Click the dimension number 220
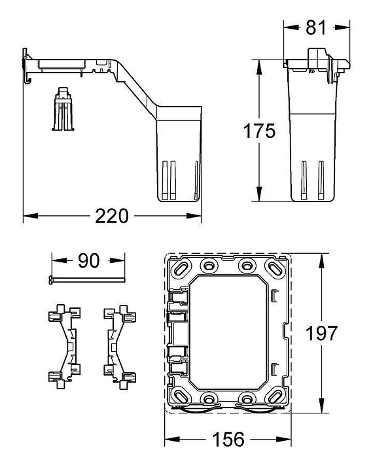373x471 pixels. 112,217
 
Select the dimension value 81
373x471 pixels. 315,27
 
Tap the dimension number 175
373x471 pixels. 259,131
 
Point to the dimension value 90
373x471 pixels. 88,261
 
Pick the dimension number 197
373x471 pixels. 321,334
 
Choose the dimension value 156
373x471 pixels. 228,440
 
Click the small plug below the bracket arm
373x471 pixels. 63,109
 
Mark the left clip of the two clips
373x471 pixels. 64,347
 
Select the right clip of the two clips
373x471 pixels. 120,347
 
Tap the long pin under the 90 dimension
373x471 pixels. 86,280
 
